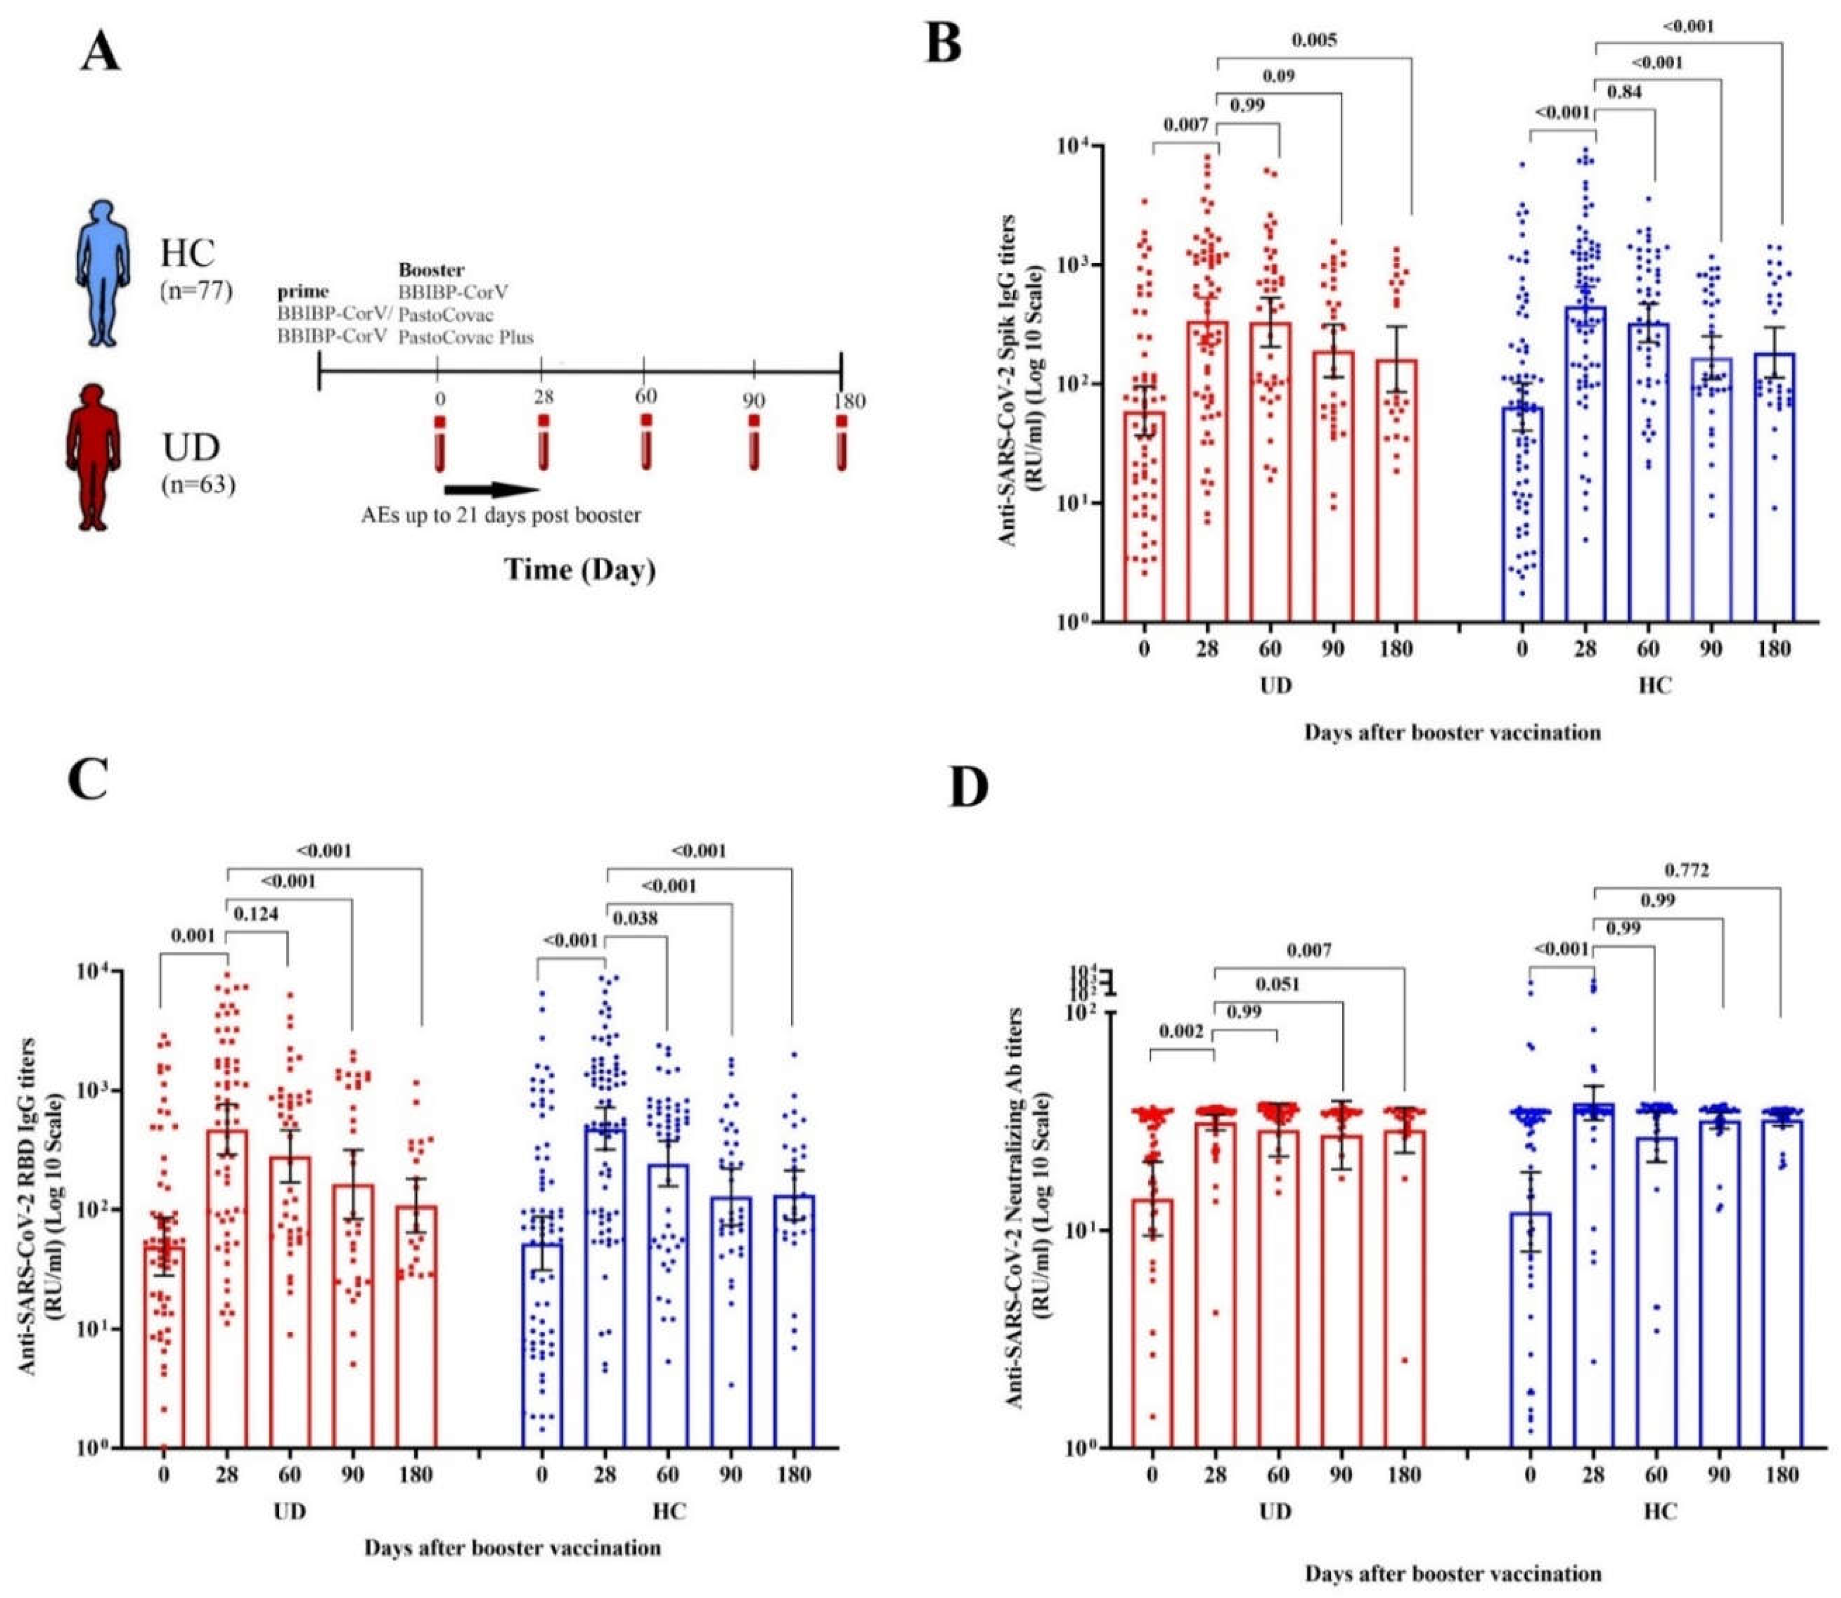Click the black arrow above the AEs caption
point(490,490)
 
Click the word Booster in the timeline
point(431,269)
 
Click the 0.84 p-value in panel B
point(1623,91)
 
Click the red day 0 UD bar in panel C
point(164,1347)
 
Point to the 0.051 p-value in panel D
point(1277,985)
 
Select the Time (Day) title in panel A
point(580,569)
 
